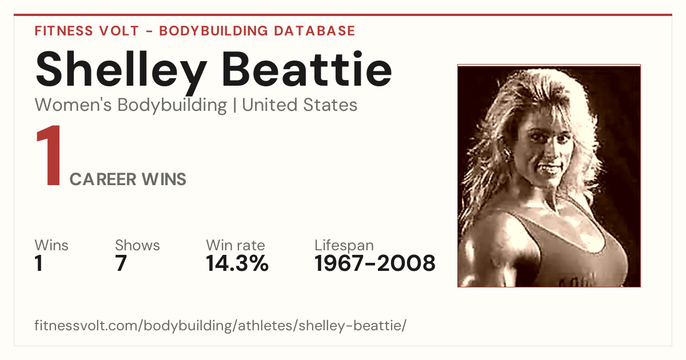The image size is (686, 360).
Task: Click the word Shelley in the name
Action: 121,72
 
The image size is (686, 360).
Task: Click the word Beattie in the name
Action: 307,69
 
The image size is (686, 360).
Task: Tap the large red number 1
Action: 49,155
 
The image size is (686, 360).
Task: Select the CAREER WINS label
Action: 127,179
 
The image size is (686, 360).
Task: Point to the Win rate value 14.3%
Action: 237,263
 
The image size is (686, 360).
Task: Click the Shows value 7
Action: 121,263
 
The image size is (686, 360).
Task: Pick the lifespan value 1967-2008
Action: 375,263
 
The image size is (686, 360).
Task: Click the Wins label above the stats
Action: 51,245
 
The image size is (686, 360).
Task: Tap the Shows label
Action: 138,245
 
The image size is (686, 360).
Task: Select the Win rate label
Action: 236,245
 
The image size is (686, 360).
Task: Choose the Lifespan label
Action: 344,246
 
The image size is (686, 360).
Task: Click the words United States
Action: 300,105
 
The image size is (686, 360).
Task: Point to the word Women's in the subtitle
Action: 73,105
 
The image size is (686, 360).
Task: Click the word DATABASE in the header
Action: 314,31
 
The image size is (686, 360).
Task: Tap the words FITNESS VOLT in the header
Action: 87,31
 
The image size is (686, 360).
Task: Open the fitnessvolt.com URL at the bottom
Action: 221,325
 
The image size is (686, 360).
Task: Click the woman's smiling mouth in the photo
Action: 550,168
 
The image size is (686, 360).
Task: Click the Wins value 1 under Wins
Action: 39,263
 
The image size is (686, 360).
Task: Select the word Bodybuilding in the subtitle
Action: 173,105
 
